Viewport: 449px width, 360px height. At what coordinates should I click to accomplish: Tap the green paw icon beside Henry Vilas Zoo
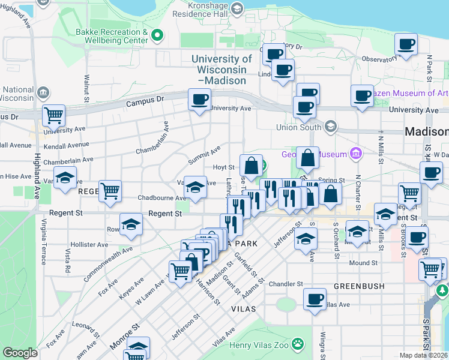(298, 344)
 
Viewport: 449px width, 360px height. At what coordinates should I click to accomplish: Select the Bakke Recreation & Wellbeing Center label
(112, 36)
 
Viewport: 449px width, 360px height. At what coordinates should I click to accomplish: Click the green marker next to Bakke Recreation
(157, 35)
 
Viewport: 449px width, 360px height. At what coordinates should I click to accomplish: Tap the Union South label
(298, 127)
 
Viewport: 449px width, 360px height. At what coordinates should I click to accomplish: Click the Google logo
(20, 353)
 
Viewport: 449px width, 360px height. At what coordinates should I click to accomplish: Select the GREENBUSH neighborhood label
(359, 286)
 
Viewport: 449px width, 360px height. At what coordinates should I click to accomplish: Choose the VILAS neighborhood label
(244, 308)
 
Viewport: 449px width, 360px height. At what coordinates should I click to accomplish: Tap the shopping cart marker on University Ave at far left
(53, 116)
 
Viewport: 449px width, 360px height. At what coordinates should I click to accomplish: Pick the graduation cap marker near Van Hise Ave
(65, 178)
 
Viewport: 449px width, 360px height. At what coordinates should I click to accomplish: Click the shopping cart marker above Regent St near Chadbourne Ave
(110, 191)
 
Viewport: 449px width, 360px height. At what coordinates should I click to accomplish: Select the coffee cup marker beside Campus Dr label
(200, 100)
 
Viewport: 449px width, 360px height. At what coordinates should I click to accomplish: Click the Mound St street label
(363, 263)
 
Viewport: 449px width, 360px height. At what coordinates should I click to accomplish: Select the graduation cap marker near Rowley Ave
(131, 225)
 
